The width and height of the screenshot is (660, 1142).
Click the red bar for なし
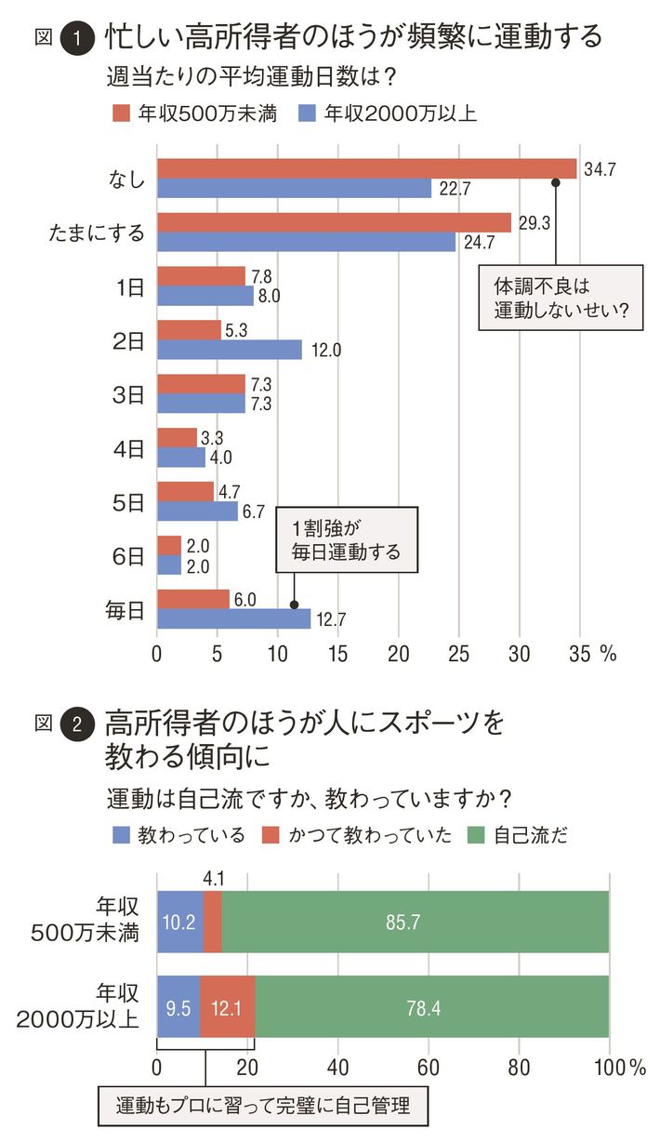point(366,168)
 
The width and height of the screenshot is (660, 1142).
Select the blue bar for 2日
point(230,349)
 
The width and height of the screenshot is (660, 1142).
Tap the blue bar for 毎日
point(233,618)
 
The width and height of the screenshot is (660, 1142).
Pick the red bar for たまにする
point(334,222)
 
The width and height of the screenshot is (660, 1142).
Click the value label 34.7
point(601,169)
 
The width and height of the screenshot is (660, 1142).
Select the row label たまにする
point(97,232)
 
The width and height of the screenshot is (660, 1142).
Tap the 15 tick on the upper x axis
point(337,654)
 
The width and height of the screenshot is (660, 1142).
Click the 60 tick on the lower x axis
point(429,1066)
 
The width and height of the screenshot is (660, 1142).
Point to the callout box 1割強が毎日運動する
point(347,539)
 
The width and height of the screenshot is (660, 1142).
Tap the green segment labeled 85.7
point(416,921)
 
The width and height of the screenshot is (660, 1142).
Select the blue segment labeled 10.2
point(180,921)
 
